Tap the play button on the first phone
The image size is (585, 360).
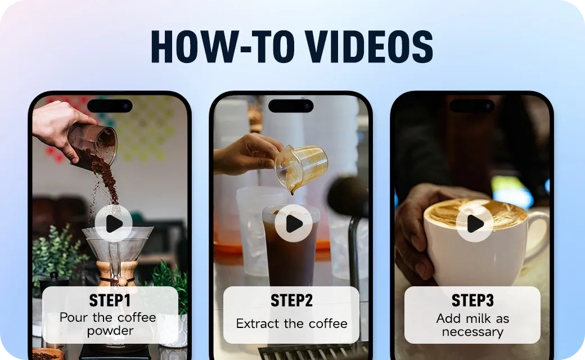click(x=113, y=224)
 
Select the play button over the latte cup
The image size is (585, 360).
click(x=475, y=224)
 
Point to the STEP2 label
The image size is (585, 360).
click(x=291, y=301)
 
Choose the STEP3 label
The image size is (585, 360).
click(x=472, y=301)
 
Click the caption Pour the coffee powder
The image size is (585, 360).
click(x=108, y=325)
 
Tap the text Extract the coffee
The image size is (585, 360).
click(x=291, y=324)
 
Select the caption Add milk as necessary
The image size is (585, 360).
click(x=472, y=325)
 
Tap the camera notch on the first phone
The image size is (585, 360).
click(x=110, y=106)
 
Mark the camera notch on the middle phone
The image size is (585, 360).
click(x=291, y=106)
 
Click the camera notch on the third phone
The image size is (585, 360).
click(x=472, y=106)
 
